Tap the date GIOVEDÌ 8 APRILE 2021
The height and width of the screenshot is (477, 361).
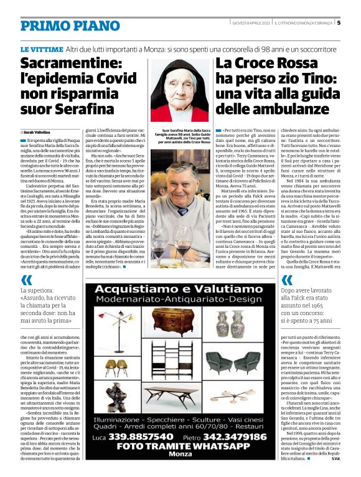(x=245, y=23)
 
